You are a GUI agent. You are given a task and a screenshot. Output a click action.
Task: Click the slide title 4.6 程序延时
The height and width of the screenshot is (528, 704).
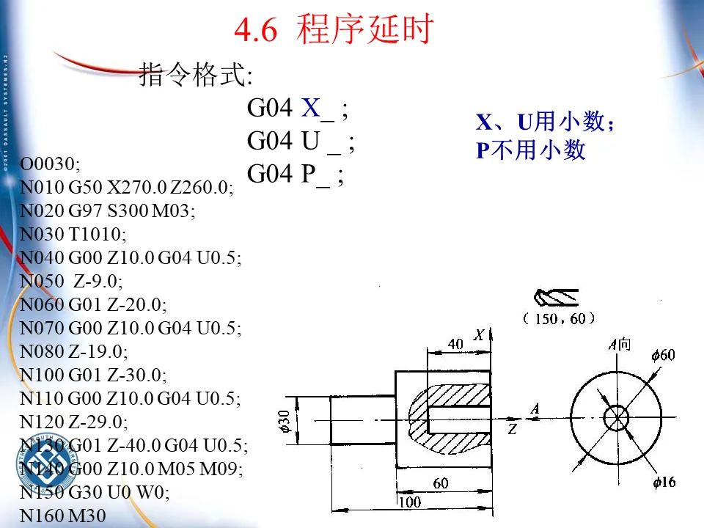(x=334, y=31)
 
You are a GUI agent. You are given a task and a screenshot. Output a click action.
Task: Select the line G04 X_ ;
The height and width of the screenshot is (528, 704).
(x=297, y=109)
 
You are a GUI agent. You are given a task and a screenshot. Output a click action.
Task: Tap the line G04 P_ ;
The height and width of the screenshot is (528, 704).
(x=295, y=174)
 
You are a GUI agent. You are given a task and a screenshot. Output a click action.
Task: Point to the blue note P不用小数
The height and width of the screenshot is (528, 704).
(x=531, y=150)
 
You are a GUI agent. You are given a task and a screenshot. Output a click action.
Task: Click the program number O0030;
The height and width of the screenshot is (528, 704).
(x=50, y=164)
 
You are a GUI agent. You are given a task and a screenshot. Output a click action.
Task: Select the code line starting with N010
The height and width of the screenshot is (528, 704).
(x=127, y=188)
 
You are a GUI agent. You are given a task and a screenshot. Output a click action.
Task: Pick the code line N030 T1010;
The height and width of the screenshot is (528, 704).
(x=73, y=234)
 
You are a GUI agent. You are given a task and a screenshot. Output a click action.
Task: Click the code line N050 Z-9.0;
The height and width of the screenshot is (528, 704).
(x=71, y=281)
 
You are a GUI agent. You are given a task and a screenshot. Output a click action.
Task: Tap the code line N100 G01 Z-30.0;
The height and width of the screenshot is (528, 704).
(x=93, y=375)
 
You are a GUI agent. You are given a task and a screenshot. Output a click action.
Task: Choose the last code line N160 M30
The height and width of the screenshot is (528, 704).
(x=62, y=516)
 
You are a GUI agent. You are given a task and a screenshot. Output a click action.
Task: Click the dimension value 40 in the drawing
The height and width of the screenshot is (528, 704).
(x=455, y=343)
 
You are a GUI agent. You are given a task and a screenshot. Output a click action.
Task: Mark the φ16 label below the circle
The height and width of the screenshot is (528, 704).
(x=664, y=482)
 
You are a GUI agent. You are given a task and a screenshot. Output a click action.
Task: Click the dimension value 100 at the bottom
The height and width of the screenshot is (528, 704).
(x=411, y=503)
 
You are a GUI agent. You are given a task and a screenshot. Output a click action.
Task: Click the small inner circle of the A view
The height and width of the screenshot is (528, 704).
(x=616, y=419)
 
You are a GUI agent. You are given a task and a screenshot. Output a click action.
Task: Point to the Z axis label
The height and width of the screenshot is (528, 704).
(x=513, y=429)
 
